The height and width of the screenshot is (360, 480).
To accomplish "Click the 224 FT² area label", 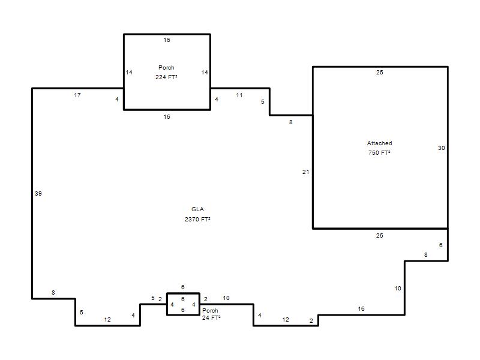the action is tap(166, 77).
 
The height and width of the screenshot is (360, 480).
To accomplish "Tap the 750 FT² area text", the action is tap(379, 152).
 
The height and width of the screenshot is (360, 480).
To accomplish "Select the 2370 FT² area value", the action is tap(197, 219).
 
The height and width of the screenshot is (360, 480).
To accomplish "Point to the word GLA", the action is tap(197, 209).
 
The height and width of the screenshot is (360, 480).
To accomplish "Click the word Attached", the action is tap(380, 143).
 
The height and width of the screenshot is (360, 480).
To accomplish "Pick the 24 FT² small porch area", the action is tap(211, 318).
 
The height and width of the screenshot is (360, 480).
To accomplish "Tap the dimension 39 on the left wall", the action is tap(38, 193).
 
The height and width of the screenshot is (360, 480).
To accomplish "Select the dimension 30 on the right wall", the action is tap(441, 148).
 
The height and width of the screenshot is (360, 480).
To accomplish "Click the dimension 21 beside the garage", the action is tap(306, 172).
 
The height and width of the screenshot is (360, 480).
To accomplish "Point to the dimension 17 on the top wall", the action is tap(77, 95).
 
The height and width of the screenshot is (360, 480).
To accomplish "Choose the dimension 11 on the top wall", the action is tap(239, 95).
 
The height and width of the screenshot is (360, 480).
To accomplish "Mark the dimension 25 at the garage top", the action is tap(380, 73).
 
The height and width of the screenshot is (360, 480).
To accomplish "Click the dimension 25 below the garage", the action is tap(380, 235).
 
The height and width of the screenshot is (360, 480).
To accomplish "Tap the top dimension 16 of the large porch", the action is tap(167, 40).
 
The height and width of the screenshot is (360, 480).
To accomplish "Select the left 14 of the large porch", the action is tap(129, 72).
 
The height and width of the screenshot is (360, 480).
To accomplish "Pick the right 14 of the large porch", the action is tap(205, 72).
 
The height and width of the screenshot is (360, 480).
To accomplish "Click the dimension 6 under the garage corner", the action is tap(441, 245).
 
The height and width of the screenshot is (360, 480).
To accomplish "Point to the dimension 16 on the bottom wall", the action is tap(361, 308).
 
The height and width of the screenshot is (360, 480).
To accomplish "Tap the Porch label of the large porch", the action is tap(166, 67).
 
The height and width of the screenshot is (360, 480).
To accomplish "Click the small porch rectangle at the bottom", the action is tap(167, 304).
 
